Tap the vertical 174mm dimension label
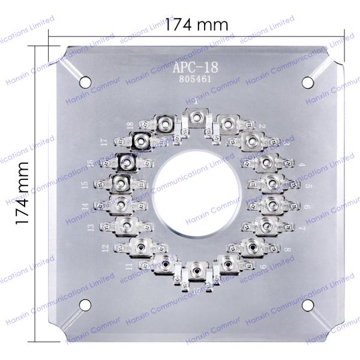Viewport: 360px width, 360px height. (x=23, y=193)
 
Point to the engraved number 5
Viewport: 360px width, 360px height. (x=307, y=186)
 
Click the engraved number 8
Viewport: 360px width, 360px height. (x=289, y=249)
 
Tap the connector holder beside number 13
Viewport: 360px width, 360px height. (x=127, y=226)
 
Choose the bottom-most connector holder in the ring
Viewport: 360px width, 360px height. (x=196, y=271)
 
